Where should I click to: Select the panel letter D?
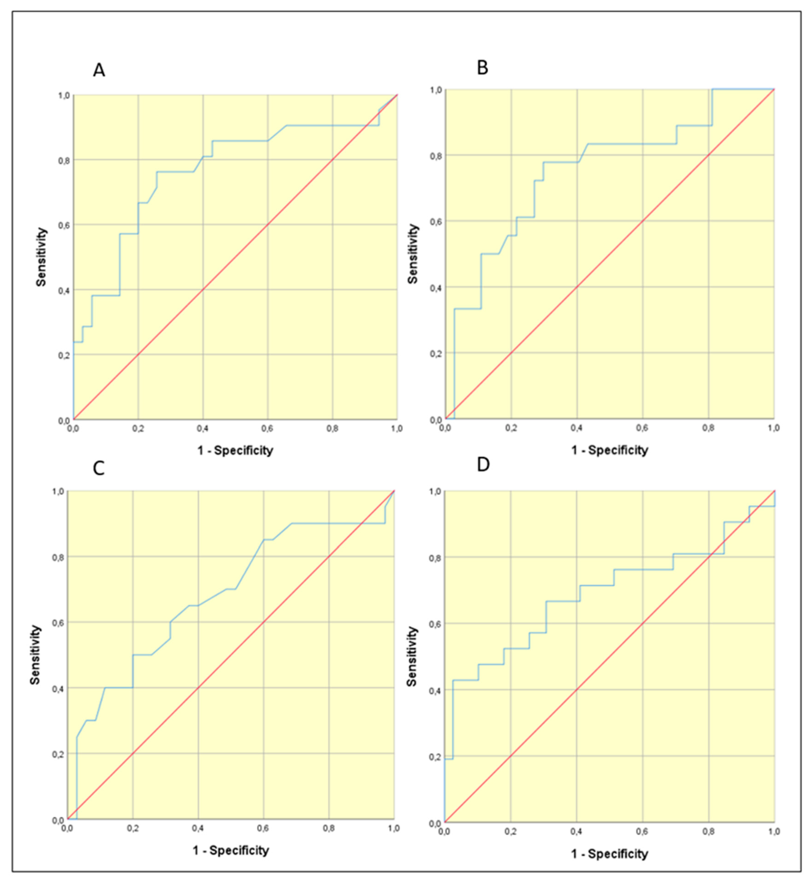[x=483, y=465]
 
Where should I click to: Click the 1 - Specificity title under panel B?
[x=609, y=450]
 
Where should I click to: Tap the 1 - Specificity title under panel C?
[x=231, y=851]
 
